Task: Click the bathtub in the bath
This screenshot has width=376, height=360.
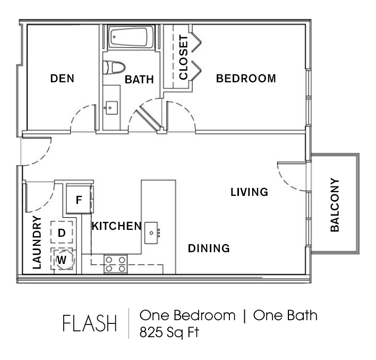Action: tap(131, 37)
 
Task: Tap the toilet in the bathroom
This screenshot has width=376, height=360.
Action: tap(114, 67)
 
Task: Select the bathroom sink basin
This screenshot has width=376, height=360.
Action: tap(112, 108)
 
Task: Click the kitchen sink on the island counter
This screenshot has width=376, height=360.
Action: tap(151, 233)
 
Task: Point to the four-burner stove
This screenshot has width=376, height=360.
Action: tap(116, 264)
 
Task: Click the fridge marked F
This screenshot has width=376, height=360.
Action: tap(79, 200)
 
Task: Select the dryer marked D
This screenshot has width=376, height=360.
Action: tap(62, 233)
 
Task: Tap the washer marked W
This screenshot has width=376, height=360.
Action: tap(62, 259)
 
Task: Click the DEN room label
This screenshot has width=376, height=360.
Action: tap(62, 79)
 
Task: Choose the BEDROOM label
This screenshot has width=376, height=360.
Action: tap(246, 79)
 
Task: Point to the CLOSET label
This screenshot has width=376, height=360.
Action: tap(183, 57)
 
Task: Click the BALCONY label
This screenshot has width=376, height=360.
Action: tap(335, 205)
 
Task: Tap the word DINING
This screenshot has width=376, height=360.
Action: tap(209, 248)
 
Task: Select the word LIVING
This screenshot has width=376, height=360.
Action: tap(250, 192)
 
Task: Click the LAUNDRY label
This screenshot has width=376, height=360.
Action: tap(37, 242)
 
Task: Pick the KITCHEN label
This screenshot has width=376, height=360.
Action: tap(116, 226)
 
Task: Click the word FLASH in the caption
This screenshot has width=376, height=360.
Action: tap(89, 323)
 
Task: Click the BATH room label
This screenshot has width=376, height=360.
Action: tap(139, 80)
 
